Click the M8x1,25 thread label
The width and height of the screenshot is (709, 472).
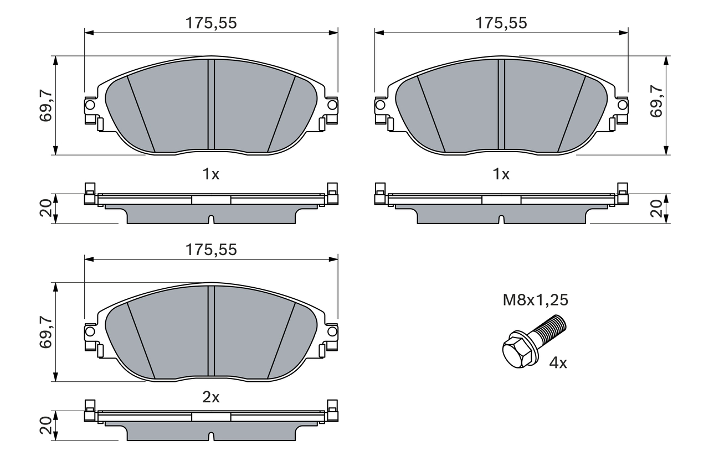point(535,300)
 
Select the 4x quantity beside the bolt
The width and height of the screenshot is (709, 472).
point(558,364)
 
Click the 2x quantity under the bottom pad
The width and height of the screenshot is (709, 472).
point(210,397)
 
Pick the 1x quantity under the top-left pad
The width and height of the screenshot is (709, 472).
point(210,174)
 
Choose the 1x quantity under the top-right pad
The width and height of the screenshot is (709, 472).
point(501,174)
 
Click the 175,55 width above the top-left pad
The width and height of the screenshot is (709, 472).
point(210,23)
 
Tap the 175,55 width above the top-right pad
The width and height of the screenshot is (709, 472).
point(501,23)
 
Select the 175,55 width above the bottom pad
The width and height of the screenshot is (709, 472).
point(210,250)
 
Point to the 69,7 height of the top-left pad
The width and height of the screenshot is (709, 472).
point(45,105)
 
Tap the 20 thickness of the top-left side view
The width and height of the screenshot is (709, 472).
point(45,209)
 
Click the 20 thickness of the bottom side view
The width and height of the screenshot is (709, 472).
point(45,426)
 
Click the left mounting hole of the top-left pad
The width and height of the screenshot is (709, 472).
point(90,105)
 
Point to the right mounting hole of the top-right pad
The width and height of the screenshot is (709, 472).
point(623,105)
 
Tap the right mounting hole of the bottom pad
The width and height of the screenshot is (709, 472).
point(332,331)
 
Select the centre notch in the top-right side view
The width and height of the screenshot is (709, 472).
point(501,220)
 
